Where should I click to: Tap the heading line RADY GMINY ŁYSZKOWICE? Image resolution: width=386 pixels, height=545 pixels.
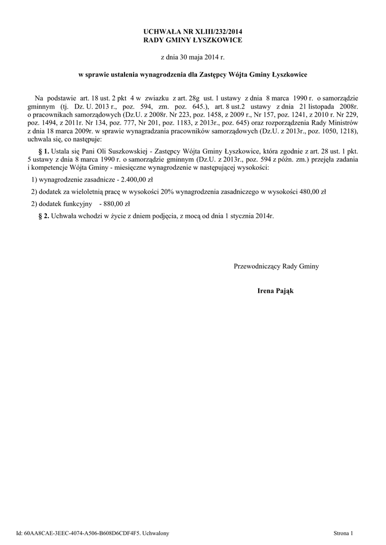193,40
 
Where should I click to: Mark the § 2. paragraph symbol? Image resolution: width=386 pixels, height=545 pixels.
45,216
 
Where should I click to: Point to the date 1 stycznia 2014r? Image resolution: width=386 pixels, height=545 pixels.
251,216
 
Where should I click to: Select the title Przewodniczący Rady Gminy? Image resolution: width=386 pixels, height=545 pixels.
276,266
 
